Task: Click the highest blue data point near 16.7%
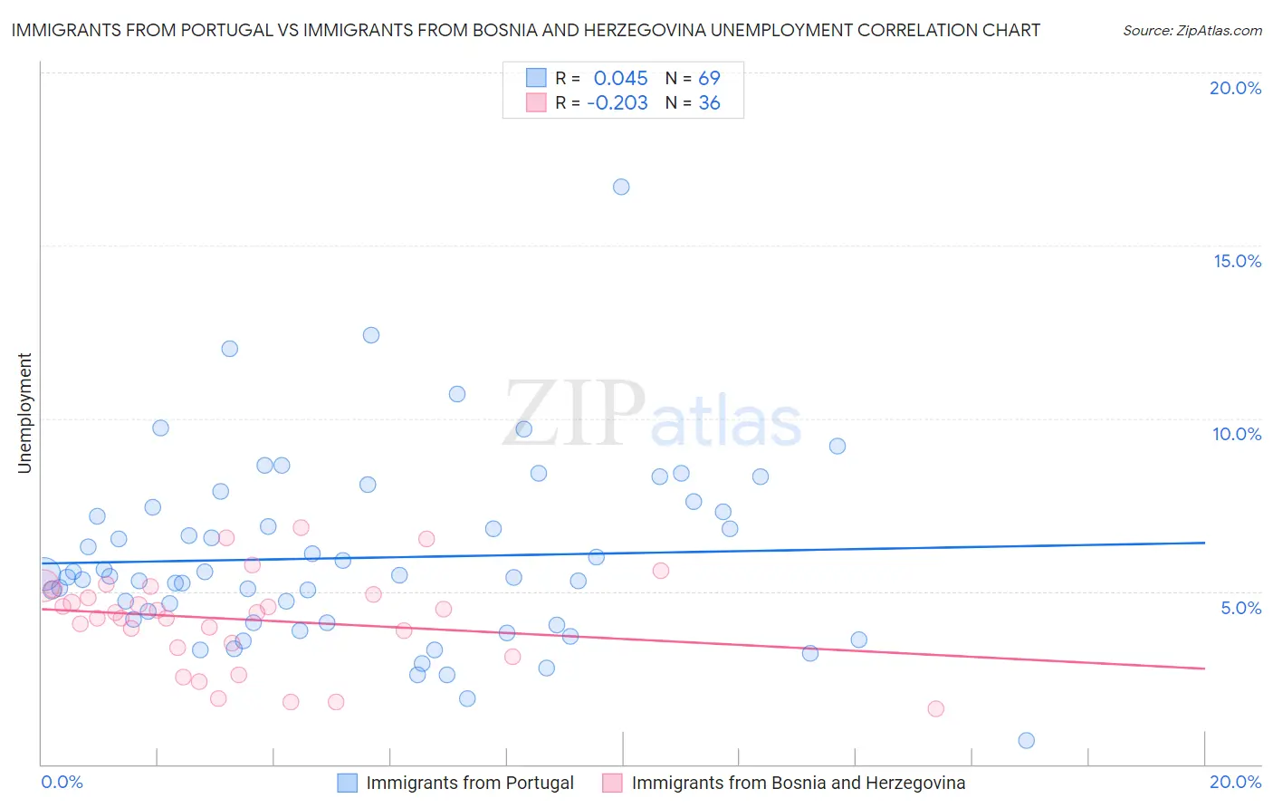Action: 621,187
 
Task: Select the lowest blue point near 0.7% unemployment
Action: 1026,740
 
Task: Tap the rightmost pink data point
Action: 936,708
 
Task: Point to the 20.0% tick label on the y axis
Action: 1235,88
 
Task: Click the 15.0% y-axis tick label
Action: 1237,261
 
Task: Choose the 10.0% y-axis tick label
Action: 1237,434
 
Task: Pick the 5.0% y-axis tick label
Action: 1240,608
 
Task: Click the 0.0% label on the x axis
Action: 62,782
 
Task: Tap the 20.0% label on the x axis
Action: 1235,782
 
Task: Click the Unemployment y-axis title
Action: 24,413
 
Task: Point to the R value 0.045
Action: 620,78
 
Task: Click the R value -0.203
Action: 617,103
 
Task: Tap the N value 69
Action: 709,78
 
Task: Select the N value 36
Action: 709,103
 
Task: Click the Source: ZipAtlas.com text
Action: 1192,31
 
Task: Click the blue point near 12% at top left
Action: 230,349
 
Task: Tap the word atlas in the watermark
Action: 726,422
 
